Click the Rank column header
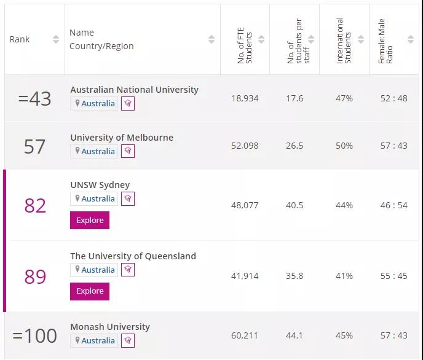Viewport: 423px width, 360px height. pyautogui.click(x=20, y=39)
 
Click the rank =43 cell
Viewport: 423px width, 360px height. pyautogui.click(x=35, y=98)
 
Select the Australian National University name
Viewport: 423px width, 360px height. pyautogui.click(x=134, y=90)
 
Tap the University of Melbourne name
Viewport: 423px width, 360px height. pyautogui.click(x=122, y=138)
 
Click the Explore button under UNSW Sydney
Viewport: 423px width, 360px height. pyautogui.click(x=90, y=221)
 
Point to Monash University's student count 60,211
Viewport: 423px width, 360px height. pyautogui.click(x=245, y=335)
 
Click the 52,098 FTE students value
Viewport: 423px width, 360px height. pyautogui.click(x=245, y=146)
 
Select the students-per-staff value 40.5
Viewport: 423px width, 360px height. pyautogui.click(x=295, y=205)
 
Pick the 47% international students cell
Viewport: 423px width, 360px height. pyautogui.click(x=344, y=98)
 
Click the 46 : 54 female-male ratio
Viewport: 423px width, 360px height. pyautogui.click(x=393, y=205)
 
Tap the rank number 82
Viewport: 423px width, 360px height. pyautogui.click(x=35, y=205)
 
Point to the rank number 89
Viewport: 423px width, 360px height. pyautogui.click(x=35, y=276)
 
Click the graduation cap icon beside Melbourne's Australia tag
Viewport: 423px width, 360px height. pyautogui.click(x=128, y=151)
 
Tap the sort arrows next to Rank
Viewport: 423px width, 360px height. pyautogui.click(x=56, y=39)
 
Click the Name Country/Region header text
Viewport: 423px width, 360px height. pyautogui.click(x=101, y=39)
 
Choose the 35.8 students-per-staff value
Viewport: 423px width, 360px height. pyautogui.click(x=295, y=276)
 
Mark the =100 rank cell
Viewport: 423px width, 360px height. pyautogui.click(x=35, y=335)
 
